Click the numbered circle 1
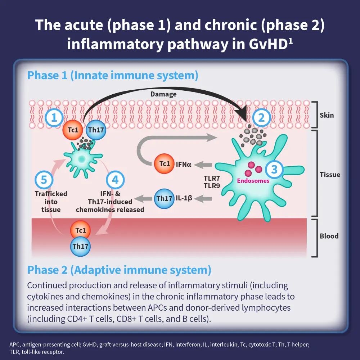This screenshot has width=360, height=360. point(55,117)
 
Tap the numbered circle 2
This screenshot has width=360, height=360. point(262,117)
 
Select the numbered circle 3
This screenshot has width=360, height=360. point(274,169)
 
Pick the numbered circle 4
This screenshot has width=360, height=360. point(115,180)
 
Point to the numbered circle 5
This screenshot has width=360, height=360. point(44,180)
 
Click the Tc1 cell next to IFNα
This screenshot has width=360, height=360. point(164,164)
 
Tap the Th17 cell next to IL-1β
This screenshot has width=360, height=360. point(164,198)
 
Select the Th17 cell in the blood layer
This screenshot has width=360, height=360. point(80,247)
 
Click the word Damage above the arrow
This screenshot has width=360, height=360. point(163,94)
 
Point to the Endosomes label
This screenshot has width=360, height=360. point(253,181)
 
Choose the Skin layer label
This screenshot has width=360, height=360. point(327,116)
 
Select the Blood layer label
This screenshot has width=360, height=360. point(329,236)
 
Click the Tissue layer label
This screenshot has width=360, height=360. point(330,175)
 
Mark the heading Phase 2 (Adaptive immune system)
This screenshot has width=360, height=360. point(119,270)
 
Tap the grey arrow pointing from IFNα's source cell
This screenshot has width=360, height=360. point(204,165)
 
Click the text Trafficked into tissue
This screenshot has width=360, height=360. point(51,202)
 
